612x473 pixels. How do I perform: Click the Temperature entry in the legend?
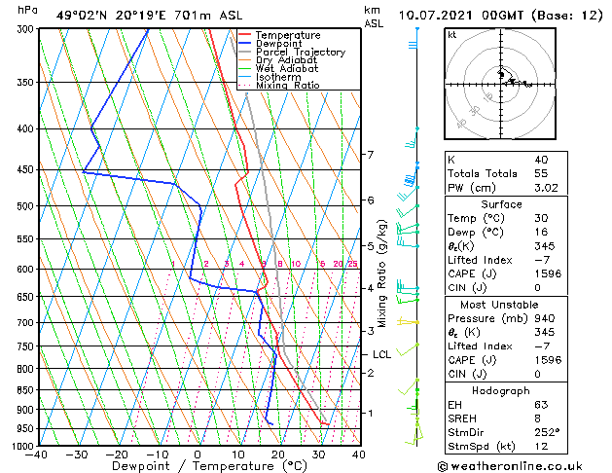pos(287,36)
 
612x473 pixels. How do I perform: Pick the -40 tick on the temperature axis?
pos(37,455)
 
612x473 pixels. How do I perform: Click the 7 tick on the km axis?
pos(370,155)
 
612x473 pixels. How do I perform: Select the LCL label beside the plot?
pos(381,355)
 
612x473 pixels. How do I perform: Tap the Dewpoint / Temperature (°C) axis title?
pos(198,467)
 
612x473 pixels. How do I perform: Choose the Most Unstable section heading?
pos(502,304)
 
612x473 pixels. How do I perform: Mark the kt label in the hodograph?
pos(451,35)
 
